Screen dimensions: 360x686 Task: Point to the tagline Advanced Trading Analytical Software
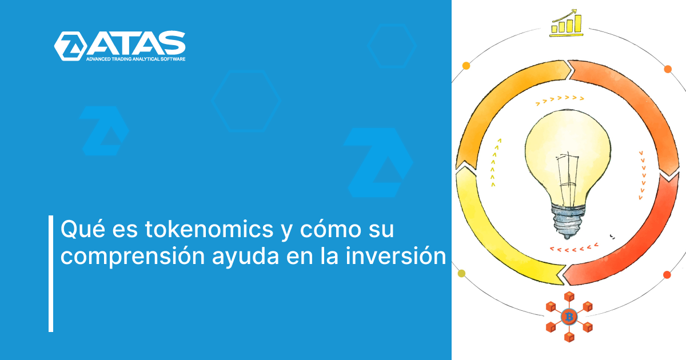pos(135,59)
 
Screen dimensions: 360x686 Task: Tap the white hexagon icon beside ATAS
pos(70,46)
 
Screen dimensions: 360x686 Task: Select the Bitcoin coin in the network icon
pos(568,316)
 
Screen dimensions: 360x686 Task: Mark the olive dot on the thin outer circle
pos(462,273)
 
